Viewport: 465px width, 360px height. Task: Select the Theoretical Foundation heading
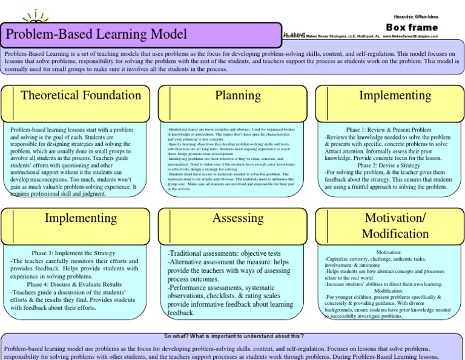(81, 96)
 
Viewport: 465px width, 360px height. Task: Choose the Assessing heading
(238, 218)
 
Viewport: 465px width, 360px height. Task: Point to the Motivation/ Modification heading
(395, 225)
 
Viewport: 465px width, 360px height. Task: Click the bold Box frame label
(412, 27)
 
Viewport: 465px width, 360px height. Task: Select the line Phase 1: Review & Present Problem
(389, 130)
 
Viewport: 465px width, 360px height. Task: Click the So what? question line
(233, 336)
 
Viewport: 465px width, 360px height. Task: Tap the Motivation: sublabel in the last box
(389, 252)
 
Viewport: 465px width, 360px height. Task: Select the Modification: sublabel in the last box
(389, 290)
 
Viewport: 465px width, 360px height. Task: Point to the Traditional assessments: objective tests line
(224, 253)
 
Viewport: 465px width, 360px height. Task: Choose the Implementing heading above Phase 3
(81, 218)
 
